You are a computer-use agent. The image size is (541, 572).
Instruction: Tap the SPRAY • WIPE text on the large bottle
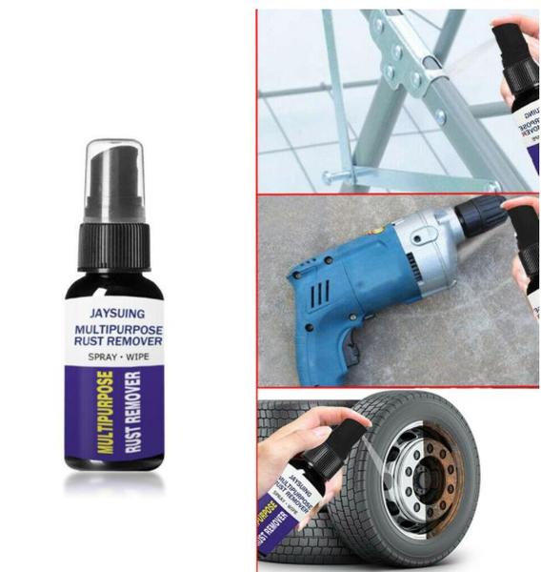pos(114,355)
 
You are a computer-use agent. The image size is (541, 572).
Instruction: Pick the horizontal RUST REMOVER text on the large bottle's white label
pos(114,340)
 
